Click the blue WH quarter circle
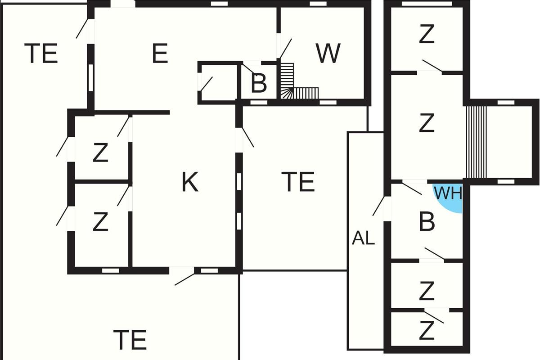451,197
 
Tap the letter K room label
190,182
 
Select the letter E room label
160,53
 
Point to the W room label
328,53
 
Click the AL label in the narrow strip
363,238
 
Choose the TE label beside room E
41,53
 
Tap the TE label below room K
130,340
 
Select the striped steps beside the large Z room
476,142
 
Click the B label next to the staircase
259,84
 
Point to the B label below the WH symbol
427,222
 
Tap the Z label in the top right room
427,34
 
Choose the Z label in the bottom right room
427,330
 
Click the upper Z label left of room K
100,153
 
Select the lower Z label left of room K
100,221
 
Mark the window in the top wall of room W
318,4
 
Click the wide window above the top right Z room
427,4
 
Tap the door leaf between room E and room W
285,49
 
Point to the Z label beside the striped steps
427,123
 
